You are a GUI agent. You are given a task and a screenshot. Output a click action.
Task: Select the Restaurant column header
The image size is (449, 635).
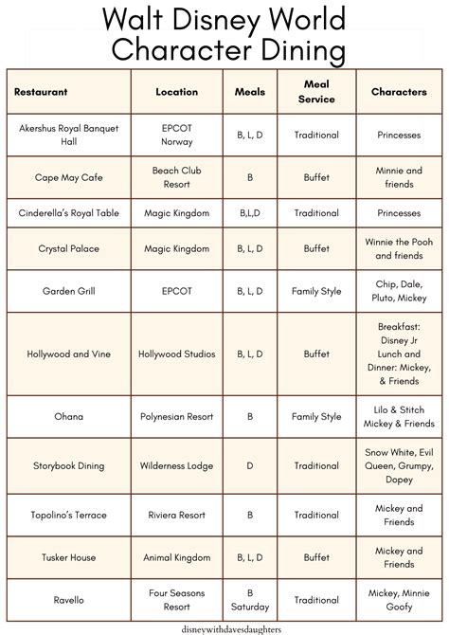(x=41, y=92)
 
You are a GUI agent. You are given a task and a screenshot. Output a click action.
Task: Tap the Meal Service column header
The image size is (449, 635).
(x=316, y=92)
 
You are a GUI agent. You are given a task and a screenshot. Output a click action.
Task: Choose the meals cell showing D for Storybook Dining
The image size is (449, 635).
(x=250, y=465)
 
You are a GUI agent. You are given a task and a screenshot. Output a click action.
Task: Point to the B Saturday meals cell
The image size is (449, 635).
(x=250, y=600)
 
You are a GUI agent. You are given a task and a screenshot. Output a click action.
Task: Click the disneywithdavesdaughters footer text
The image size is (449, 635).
(x=224, y=626)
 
